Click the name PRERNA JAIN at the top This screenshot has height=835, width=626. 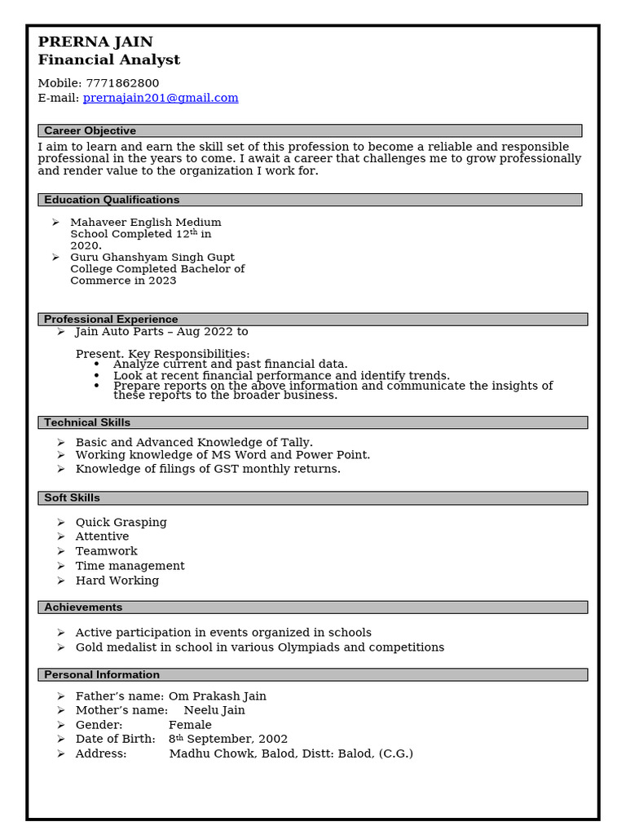coord(95,42)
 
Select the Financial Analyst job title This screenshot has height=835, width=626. coord(109,60)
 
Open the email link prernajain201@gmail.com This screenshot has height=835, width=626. coord(161,98)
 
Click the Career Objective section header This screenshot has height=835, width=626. coord(90,130)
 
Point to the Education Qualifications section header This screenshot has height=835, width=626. coord(112,200)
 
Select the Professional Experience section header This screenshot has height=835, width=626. coord(111,320)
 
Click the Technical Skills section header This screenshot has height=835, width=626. coord(87,422)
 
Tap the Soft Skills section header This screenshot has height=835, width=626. coord(72,498)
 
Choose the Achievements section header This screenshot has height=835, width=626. coord(83,607)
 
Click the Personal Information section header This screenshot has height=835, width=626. coord(102,675)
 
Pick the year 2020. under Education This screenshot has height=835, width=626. coord(86,245)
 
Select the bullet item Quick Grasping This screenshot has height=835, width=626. coord(121,523)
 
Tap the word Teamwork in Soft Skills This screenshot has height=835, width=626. coord(106,551)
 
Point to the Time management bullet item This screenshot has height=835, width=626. coord(130,566)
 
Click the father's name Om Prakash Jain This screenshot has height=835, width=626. coord(217,696)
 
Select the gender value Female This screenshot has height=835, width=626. coord(190,725)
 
